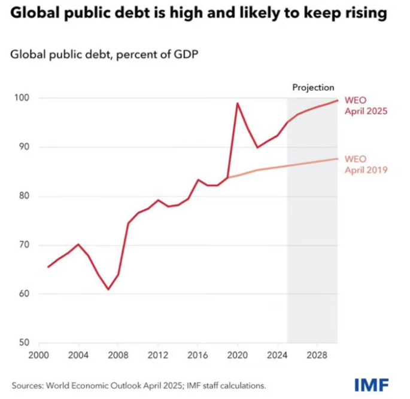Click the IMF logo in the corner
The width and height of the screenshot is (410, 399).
pos(371,383)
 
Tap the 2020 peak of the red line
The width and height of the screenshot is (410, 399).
pos(238,103)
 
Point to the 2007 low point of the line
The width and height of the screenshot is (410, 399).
pos(108,289)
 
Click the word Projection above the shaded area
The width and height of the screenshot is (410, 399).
pos(313,87)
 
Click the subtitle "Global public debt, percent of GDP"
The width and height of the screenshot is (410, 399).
pos(104,56)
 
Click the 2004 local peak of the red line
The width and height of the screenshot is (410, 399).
pos(78,244)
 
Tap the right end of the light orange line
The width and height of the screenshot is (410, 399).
pos(337,158)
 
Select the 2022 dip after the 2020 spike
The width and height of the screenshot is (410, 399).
pos(257,147)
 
